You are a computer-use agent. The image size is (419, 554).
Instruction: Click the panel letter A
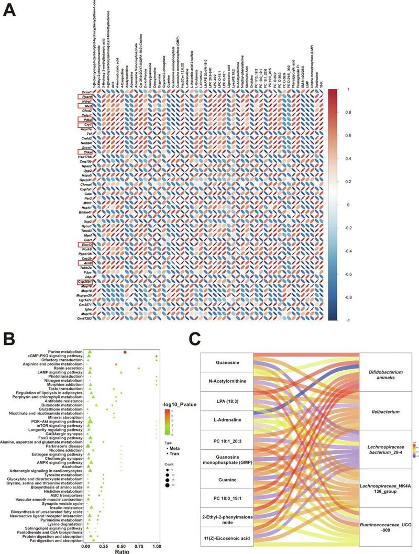coord(12,9)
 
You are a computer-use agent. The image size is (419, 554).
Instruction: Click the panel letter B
coord(12,346)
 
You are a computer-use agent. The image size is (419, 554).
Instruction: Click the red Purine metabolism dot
coord(125,352)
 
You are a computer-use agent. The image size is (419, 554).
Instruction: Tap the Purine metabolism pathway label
coord(64,352)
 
